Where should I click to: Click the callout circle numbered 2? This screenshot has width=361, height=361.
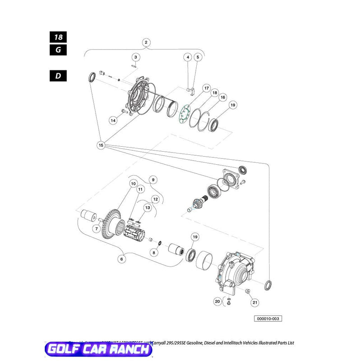[146, 43]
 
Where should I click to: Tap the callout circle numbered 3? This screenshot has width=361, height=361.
[135, 57]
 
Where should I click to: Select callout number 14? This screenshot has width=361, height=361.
[113, 120]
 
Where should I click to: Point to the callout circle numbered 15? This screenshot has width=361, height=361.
[101, 145]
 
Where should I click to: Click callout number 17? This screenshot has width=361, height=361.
[206, 88]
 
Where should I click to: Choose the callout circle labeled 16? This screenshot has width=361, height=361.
[222, 97]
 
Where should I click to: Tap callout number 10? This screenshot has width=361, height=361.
[133, 184]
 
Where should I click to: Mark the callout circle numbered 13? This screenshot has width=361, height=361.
[147, 207]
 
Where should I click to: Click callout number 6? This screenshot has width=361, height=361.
[121, 259]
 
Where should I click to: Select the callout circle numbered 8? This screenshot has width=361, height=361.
[154, 253]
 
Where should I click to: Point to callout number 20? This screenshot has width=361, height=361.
[217, 301]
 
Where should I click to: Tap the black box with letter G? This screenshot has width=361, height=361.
[58, 50]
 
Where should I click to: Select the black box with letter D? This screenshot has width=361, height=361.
[58, 75]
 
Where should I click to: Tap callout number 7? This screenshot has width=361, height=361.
[96, 229]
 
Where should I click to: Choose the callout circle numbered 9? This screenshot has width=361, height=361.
[153, 180]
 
